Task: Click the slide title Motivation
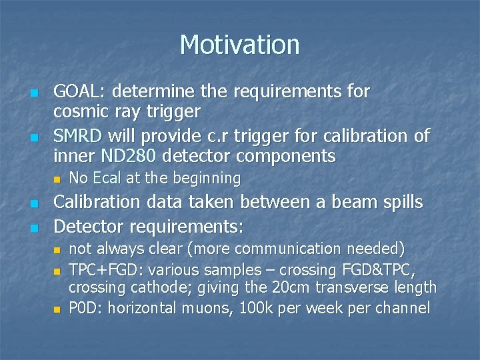239,45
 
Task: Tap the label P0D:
84,309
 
